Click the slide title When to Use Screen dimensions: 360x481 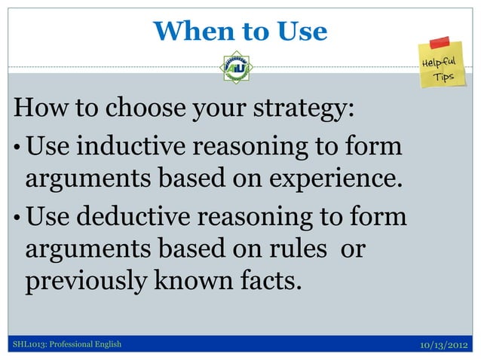240,31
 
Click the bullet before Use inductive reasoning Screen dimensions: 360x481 17,147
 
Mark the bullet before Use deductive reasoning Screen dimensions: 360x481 17,216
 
